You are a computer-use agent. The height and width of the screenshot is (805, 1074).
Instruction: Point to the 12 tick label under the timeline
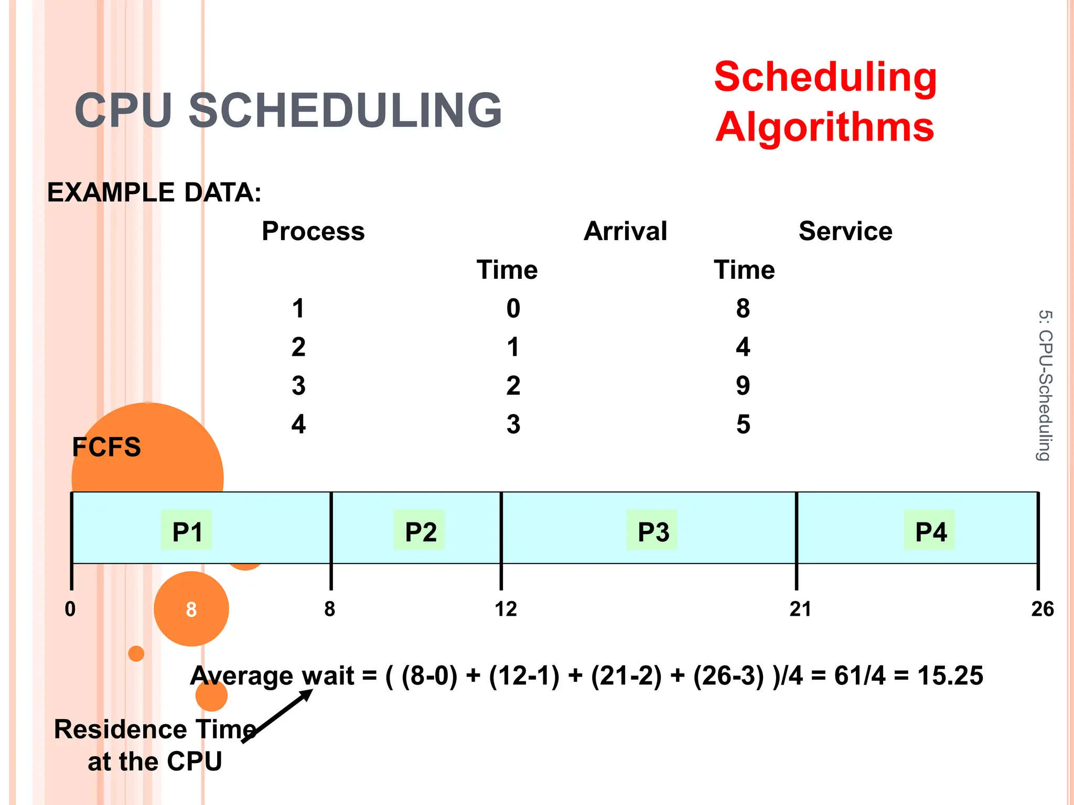(x=506, y=609)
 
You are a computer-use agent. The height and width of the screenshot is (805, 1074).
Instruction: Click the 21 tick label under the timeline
(x=800, y=609)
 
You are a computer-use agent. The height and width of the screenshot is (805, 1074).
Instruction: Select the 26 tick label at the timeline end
(x=1042, y=609)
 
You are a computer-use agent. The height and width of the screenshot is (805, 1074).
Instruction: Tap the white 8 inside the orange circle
(x=191, y=610)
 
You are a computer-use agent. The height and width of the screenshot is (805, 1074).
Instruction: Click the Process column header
(x=313, y=231)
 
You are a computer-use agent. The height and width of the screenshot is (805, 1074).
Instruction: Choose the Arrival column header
(x=625, y=231)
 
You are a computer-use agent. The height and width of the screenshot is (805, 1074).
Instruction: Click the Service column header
(x=845, y=231)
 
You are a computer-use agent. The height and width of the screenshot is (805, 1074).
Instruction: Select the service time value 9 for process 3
(x=743, y=386)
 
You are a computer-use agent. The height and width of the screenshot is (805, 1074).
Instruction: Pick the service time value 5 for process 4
(x=743, y=425)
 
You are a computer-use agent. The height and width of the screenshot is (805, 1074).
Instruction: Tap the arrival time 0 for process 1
(x=513, y=308)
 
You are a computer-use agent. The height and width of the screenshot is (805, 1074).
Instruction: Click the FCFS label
(x=106, y=447)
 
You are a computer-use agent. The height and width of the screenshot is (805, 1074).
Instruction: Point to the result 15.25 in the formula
(x=950, y=676)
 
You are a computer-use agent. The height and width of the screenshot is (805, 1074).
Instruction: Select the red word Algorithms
(x=825, y=127)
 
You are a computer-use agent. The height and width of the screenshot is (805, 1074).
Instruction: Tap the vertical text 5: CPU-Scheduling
(x=1045, y=385)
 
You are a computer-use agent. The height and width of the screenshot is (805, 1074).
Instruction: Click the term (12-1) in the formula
(x=524, y=676)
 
